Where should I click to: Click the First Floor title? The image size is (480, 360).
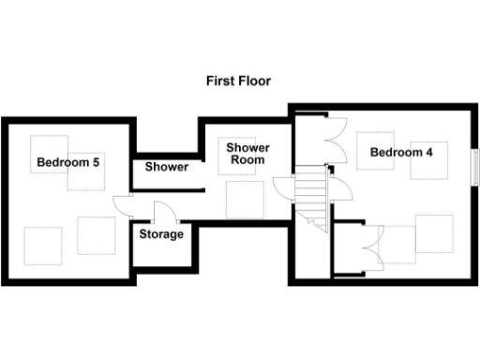pos(239,82)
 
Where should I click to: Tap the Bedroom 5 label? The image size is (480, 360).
pos(68,162)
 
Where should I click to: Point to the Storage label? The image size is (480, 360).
pos(161,234)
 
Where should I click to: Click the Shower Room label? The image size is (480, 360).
pos(247,154)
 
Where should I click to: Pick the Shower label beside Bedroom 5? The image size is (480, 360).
pos(166,168)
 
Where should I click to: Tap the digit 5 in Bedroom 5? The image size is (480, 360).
pos(97,162)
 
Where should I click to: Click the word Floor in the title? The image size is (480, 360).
pos(254,82)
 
